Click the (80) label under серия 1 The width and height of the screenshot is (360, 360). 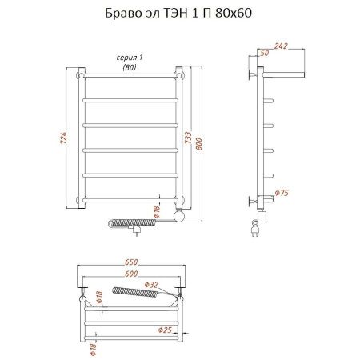[128, 69]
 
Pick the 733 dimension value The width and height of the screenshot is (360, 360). [187, 137]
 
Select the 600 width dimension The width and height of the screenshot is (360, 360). [130, 274]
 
